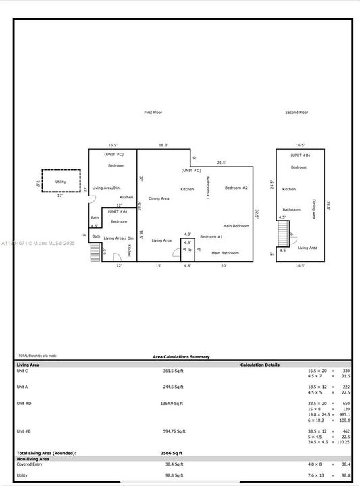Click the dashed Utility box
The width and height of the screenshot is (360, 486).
tap(61, 182)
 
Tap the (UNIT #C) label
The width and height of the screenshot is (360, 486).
tap(114, 155)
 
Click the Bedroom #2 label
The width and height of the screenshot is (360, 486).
tap(236, 188)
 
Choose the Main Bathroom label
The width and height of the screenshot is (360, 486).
tap(225, 253)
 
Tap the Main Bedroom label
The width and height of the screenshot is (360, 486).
tap(236, 226)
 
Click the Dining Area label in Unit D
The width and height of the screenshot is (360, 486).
tap(159, 198)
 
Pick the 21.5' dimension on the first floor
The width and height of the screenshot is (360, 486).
tap(222, 163)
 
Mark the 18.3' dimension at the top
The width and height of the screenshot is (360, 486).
tap(163, 145)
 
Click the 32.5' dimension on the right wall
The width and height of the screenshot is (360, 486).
tap(257, 213)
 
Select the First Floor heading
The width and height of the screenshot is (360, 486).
tap(153, 112)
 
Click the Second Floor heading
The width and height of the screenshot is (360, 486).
tap(297, 112)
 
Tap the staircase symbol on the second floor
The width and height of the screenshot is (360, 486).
tap(283, 234)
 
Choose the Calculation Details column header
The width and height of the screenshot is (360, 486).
tap(260, 364)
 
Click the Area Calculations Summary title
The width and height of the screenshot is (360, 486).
tap(181, 356)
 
